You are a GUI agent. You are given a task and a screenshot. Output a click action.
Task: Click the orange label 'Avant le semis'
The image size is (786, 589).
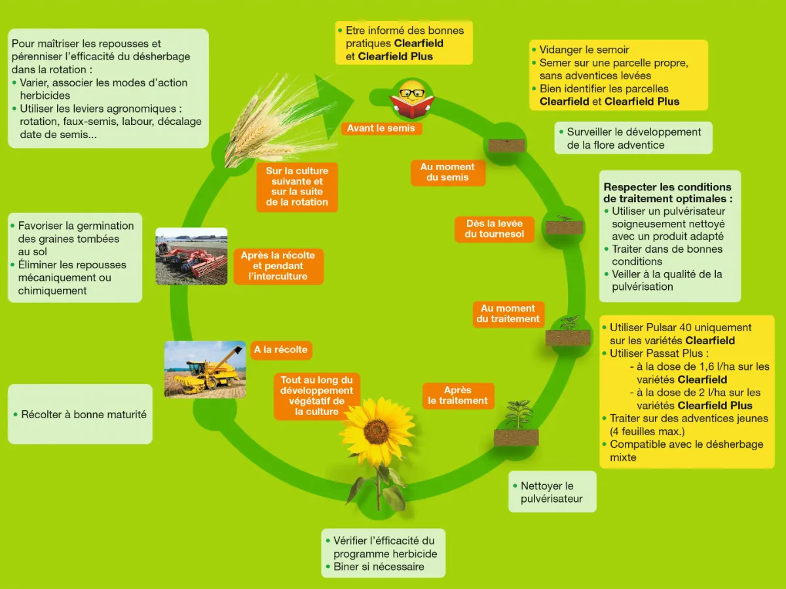(x=381, y=128)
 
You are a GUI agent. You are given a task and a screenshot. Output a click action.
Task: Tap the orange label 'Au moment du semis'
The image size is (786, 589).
(x=447, y=172)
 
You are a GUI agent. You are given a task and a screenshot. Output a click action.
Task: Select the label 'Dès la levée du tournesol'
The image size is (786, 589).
(x=494, y=229)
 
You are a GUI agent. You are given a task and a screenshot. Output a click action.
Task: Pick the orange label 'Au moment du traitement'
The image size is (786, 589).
(x=508, y=313)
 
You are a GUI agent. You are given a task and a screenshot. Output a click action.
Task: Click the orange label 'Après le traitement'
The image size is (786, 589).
(x=458, y=395)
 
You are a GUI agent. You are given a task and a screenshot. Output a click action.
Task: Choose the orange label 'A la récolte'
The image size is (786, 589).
(x=281, y=349)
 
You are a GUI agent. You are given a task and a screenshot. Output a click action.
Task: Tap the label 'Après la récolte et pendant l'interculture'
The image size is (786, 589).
(x=278, y=266)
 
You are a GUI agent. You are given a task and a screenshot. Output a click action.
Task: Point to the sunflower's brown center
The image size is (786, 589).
(x=377, y=429)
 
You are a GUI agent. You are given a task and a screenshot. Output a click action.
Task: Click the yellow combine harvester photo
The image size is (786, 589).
(x=205, y=369)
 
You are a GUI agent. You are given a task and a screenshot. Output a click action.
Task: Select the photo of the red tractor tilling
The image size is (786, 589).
(x=191, y=256)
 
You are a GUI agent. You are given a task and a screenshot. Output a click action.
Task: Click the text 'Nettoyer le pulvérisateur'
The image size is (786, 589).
(x=552, y=492)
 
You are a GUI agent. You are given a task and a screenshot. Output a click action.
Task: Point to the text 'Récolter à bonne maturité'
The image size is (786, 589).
(x=84, y=414)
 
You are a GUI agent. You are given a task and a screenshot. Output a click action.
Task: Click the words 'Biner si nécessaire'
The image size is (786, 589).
(x=379, y=567)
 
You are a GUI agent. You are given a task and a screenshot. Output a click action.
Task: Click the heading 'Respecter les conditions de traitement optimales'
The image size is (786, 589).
(x=667, y=193)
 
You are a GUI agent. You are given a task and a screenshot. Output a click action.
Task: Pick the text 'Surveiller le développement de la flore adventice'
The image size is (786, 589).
(x=633, y=138)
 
